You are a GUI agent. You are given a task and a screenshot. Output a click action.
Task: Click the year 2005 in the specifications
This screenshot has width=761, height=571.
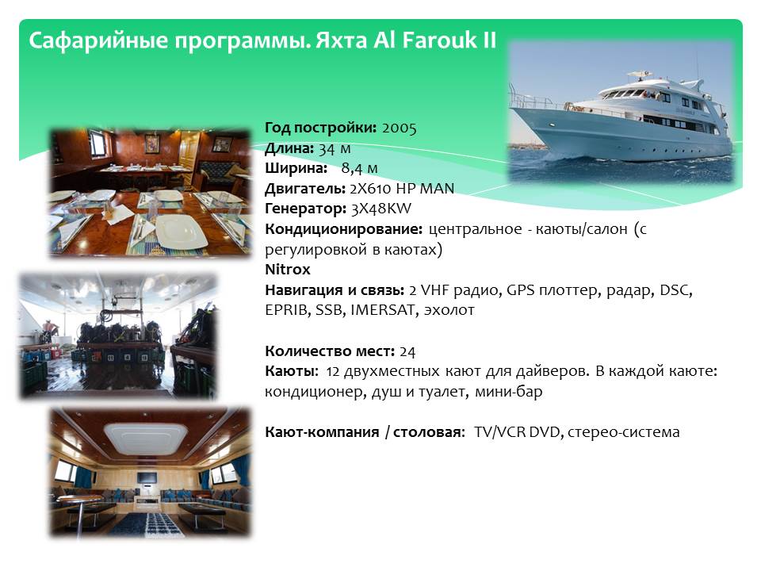[399, 128]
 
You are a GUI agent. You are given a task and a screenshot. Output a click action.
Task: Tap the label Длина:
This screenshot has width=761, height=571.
[289, 148]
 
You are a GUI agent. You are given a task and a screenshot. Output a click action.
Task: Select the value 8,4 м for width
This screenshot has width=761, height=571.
[359, 168]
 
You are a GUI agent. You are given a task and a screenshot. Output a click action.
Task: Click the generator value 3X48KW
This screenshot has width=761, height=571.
[381, 209]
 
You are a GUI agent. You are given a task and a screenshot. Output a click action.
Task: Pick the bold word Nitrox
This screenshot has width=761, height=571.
[287, 270]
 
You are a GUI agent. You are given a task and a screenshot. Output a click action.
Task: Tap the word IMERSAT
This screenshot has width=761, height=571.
[382, 310]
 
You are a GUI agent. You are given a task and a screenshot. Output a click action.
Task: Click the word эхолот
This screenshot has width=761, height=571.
[449, 310]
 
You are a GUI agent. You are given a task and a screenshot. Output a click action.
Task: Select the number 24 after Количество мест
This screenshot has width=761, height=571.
[407, 351]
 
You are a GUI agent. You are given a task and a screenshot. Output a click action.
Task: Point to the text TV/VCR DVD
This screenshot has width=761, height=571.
[517, 432]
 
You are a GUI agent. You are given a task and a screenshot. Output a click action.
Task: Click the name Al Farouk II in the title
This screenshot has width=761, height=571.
[434, 40]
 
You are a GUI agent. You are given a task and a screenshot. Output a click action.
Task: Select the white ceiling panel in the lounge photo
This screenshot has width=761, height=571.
[146, 438]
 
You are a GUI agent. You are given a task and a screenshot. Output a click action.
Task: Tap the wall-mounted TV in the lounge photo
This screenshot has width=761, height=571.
[146, 477]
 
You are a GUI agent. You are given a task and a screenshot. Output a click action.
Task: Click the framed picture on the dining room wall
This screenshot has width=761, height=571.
[152, 143]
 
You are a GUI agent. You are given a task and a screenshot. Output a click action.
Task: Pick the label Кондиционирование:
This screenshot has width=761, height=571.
[343, 229]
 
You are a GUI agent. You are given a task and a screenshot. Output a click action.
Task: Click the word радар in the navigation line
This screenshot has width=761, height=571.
[629, 290]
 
